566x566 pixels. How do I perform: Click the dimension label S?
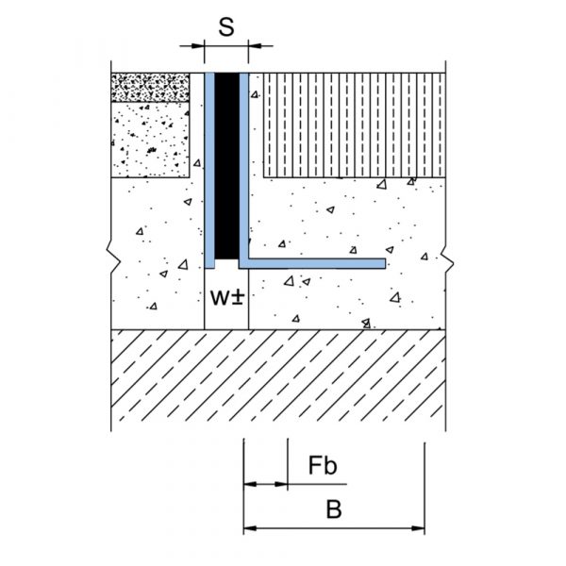[x=226, y=27]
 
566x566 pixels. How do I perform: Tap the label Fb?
[x=323, y=465]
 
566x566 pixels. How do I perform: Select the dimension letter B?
[x=334, y=509]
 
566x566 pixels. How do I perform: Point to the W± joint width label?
[x=227, y=298]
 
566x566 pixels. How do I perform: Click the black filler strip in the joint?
[x=226, y=166]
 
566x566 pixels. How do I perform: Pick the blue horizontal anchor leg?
[x=312, y=263]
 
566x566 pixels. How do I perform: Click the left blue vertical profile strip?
[x=209, y=171]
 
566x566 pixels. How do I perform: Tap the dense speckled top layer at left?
[x=150, y=88]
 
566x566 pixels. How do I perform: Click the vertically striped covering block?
[x=354, y=125]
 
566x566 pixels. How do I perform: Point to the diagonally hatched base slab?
[x=278, y=375]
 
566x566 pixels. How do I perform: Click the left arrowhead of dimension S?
[x=198, y=46]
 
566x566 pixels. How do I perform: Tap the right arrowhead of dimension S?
[x=255, y=46]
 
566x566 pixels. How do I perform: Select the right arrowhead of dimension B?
[x=418, y=528]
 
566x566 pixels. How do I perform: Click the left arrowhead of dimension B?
[x=250, y=528]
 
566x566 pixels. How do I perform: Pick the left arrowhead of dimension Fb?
[x=250, y=484]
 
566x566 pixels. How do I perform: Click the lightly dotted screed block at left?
[x=150, y=140]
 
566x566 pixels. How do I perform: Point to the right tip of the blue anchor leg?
[x=386, y=263]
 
